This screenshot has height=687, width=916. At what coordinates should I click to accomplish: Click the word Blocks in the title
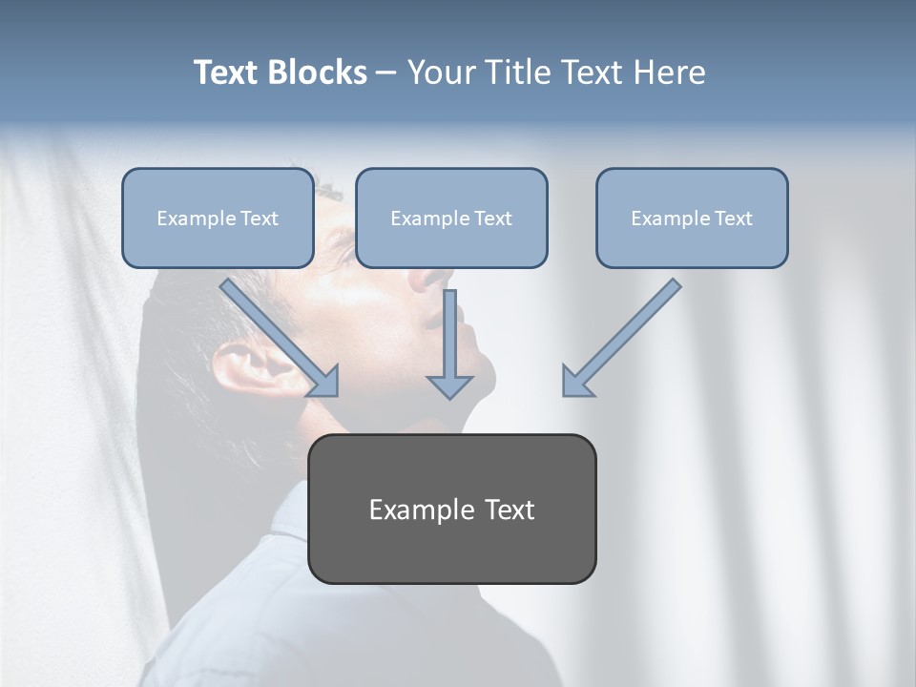click(x=318, y=73)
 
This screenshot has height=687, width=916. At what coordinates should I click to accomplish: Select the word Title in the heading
click(x=515, y=73)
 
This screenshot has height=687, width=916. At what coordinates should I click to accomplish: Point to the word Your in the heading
click(x=441, y=73)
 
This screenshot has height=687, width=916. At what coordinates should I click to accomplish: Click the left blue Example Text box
click(x=218, y=218)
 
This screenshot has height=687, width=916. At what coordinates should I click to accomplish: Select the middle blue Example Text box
click(x=451, y=218)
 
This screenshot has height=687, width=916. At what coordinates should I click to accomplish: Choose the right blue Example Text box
click(x=692, y=218)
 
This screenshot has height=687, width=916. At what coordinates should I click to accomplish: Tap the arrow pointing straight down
click(x=449, y=343)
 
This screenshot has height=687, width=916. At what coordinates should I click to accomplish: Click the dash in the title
click(x=386, y=73)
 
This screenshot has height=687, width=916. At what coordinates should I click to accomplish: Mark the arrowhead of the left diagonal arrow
click(x=324, y=382)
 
